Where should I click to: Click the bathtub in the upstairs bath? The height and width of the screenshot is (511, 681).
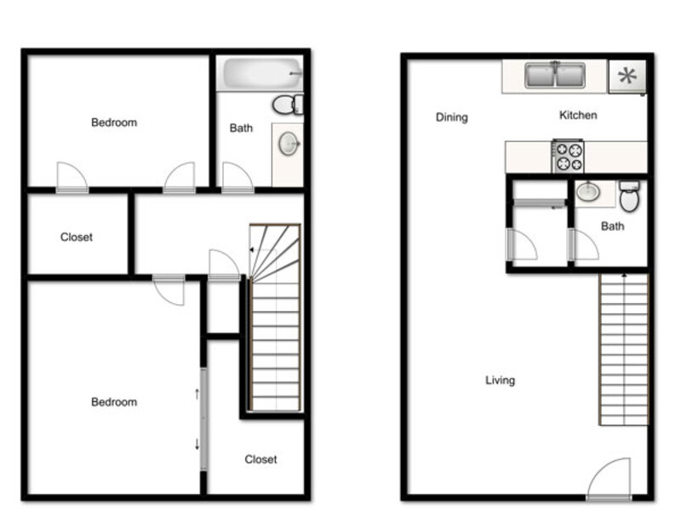point(262,72)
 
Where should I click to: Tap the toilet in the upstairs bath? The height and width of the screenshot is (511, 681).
point(288,104)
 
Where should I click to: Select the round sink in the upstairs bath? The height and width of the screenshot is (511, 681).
point(289,143)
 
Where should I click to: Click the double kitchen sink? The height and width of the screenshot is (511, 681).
point(555,75)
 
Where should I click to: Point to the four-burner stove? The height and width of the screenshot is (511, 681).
point(568,156)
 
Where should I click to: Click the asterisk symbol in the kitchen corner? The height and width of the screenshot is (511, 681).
point(627,76)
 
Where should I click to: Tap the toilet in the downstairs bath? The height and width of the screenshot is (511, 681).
point(629,197)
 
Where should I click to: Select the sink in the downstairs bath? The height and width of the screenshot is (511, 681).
point(588,191)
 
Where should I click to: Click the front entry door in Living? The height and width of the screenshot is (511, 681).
point(609,479)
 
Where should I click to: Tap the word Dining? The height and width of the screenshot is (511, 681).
point(452,118)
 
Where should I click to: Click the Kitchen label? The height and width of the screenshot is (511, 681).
point(578,115)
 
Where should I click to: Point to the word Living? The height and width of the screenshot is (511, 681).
point(500,380)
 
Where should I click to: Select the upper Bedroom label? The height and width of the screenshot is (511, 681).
point(114,123)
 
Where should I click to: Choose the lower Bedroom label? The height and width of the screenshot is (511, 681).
point(114,402)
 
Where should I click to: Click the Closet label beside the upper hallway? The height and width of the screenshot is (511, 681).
point(77,237)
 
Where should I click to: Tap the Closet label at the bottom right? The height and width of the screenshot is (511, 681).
point(260,459)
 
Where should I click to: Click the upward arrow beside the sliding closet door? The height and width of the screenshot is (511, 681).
point(197,393)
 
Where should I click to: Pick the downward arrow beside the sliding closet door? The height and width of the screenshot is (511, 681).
point(197,444)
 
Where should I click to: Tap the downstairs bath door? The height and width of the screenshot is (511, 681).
point(583,245)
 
